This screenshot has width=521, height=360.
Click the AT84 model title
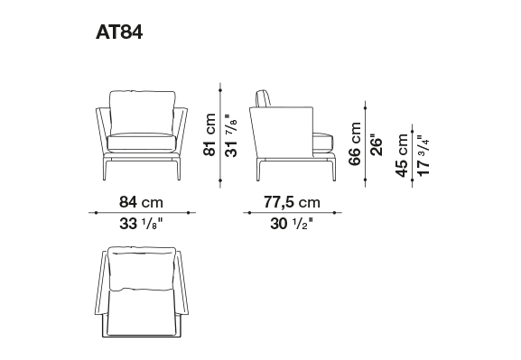tap(119, 32)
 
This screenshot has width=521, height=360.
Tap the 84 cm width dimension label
tap(141, 202)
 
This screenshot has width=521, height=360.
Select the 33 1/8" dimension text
tap(141, 224)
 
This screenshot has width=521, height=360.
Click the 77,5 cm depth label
tap(292, 202)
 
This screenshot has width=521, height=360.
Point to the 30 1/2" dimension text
tap(292, 224)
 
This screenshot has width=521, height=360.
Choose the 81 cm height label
tap(209, 134)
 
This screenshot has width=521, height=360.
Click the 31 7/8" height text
tap(231, 135)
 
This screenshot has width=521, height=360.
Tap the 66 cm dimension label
tap(355, 143)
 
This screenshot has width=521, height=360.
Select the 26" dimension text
tap(377, 145)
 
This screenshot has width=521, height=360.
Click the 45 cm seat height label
tap(402, 155)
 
